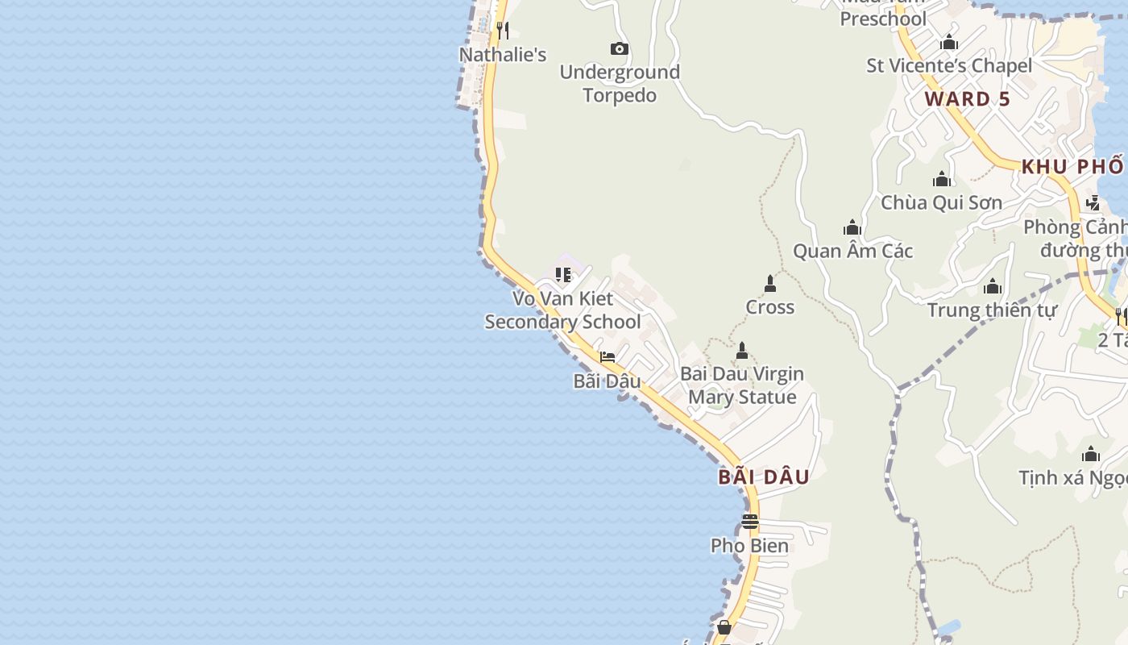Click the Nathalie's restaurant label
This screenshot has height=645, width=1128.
[x=503, y=55]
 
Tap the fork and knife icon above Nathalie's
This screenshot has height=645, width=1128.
[x=503, y=31]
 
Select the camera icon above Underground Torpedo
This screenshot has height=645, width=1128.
[x=619, y=49]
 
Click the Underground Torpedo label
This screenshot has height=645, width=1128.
[x=620, y=84]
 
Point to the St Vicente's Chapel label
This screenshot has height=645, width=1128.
[x=948, y=66]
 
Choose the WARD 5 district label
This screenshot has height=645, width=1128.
[x=967, y=99]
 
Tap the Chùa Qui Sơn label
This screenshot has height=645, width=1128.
[x=941, y=203]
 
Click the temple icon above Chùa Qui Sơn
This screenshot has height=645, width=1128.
[x=941, y=179]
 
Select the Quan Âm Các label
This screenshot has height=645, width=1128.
[x=852, y=252]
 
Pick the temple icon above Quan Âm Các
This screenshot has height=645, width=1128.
[x=852, y=228]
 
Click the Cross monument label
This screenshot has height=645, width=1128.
[x=769, y=307]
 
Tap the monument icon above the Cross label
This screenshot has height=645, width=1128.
[x=769, y=284]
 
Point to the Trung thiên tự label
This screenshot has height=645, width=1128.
[x=991, y=310]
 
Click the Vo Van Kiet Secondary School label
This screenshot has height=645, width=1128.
[x=562, y=310]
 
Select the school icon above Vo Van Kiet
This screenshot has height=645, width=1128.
[x=563, y=275]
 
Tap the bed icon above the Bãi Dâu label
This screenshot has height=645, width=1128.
[x=608, y=357]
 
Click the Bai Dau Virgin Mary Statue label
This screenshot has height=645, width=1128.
[x=741, y=385]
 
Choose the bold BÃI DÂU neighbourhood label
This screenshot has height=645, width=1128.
[x=764, y=476]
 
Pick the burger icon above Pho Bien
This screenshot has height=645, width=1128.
[x=750, y=522]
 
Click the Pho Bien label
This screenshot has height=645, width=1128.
[x=749, y=546]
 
